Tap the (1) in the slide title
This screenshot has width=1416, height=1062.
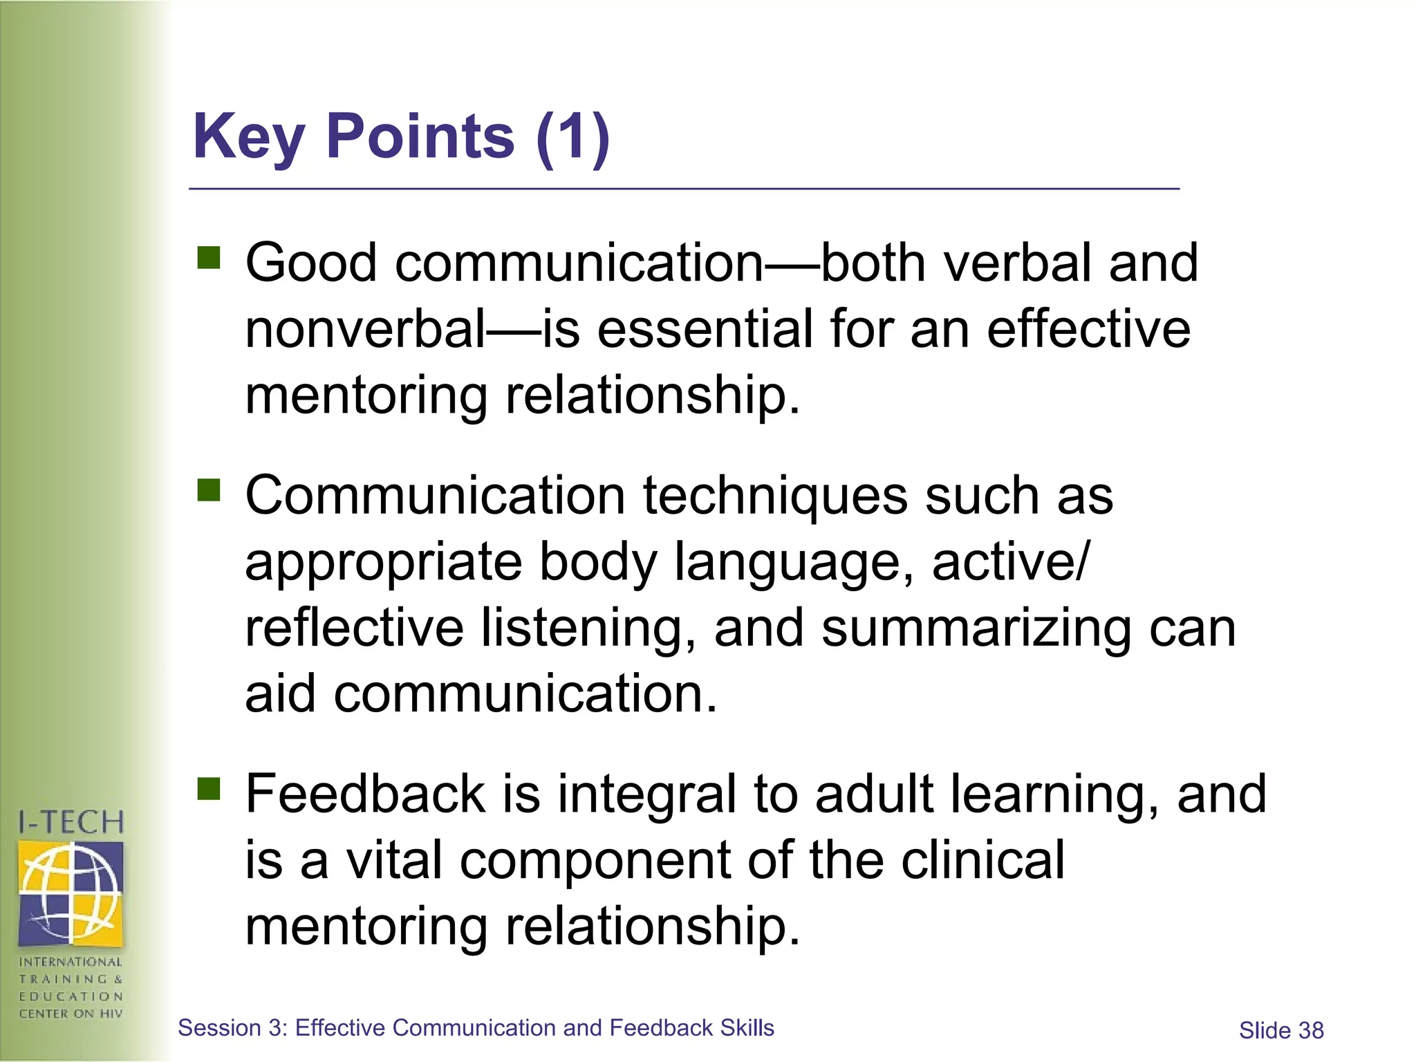[572, 137]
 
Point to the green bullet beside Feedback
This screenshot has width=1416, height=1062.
[208, 788]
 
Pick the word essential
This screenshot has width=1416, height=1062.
[705, 329]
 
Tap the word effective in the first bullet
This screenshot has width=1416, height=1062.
[1088, 329]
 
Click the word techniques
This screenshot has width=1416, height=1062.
[775, 495]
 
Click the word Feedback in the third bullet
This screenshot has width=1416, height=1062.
[365, 794]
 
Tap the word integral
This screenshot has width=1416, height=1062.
[647, 794]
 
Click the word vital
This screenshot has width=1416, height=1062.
[393, 860]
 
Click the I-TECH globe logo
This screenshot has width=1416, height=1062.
[71, 893]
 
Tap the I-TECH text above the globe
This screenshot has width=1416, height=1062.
[71, 823]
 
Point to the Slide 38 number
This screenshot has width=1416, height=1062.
[1281, 1031]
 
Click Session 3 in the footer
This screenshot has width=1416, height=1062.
[232, 1028]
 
